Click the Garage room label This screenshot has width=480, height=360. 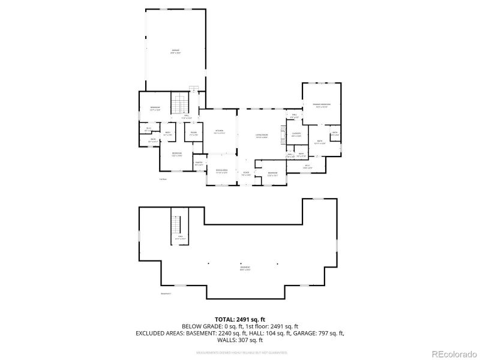tap(176, 51)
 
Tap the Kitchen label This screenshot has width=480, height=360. tap(219, 131)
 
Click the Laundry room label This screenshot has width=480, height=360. tap(296, 134)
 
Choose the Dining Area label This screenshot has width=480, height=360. tap(221, 171)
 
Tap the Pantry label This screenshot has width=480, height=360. tap(199, 163)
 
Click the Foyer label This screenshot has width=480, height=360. tap(246, 173)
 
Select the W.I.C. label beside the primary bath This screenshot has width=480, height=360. tap(307, 167)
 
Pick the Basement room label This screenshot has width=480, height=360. tap(245, 268)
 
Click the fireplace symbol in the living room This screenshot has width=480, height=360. tap(281, 132)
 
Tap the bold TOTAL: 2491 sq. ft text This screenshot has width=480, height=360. tap(240, 319)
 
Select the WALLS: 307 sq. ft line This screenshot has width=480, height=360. tap(240, 340)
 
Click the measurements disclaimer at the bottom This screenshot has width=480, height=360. tap(240, 353)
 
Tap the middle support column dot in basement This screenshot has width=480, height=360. tap(241, 263)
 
